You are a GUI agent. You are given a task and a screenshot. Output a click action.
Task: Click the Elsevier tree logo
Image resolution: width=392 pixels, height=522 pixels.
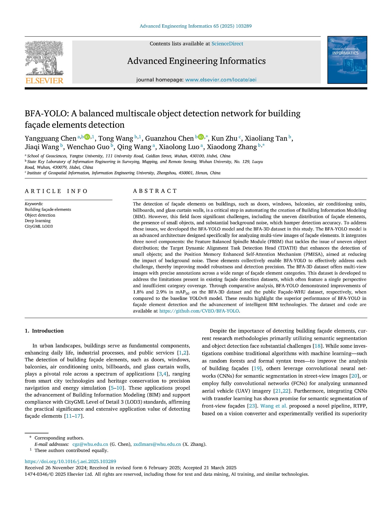coord(44,59)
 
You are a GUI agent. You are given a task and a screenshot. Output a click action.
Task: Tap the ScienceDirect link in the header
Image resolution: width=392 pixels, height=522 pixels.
coord(227,44)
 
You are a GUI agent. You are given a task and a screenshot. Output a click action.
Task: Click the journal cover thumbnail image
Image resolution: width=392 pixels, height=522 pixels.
coord(347,60)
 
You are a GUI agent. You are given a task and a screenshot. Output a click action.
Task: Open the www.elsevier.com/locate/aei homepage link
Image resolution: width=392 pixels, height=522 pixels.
coord(221,80)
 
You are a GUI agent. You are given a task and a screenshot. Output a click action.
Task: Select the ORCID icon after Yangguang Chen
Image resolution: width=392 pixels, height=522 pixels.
coord(87,137)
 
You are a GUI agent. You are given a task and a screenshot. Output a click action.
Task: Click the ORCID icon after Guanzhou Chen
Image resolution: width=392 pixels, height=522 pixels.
coord(201,137)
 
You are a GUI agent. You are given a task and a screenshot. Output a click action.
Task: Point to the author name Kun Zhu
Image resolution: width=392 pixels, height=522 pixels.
coord(224,139)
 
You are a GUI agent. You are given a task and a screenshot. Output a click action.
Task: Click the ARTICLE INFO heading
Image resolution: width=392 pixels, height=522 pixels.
coord(56,191)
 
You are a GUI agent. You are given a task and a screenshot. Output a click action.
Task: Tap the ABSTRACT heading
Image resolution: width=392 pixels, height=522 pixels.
coord(155,191)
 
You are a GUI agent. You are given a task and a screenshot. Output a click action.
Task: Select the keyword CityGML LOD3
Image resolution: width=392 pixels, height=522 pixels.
coord(39,226)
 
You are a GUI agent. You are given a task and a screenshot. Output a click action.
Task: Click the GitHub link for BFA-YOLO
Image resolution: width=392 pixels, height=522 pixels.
coord(199,311)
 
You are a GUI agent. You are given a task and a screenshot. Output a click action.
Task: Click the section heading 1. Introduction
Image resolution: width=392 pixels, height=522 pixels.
coord(44,331)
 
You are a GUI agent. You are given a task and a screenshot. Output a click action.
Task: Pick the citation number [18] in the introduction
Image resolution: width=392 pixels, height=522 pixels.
coord(318,346)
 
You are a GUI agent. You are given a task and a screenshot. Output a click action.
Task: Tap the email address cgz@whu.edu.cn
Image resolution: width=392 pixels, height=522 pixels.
coord(90,444)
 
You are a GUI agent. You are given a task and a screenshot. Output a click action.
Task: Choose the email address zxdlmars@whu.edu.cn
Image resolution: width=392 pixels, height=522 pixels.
coord(157,444)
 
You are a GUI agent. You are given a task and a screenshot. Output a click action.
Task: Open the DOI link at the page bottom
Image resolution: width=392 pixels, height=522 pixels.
coord(70,462)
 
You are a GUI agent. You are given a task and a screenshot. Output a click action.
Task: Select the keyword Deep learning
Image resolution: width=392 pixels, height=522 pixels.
coord(38,221)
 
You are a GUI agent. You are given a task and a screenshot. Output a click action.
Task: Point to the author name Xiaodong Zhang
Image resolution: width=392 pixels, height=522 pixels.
coord(232,147)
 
